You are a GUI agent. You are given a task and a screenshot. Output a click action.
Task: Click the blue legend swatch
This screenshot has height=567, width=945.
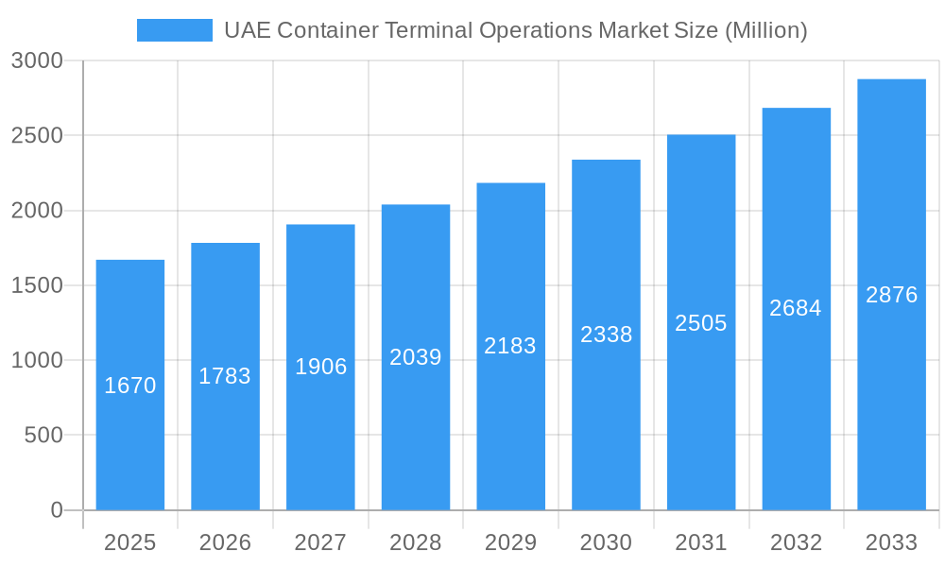pos(174,30)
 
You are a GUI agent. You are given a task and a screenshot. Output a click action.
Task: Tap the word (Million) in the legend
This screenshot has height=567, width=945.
pos(765,30)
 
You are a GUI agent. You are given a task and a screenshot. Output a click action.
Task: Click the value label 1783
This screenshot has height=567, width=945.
pos(225,376)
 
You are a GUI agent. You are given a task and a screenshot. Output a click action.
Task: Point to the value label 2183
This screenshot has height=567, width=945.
pos(510,346)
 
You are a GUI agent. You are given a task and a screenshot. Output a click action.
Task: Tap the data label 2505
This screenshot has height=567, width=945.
pos(700,323)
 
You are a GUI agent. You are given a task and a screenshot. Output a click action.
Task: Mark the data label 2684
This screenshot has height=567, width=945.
pos(796,308)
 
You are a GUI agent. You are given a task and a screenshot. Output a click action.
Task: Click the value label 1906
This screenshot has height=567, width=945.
pos(320,367)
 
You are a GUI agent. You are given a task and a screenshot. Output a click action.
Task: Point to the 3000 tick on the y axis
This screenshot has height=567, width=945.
pos(37,60)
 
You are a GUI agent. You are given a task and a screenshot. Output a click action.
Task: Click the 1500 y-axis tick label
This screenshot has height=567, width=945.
pos(37,285)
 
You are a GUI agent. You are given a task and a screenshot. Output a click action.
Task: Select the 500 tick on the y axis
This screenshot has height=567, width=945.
pos(43,436)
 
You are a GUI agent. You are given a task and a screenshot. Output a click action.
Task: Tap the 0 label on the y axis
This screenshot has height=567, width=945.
pos(56,510)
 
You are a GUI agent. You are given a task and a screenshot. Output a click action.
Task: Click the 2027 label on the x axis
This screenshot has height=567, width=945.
pos(320,542)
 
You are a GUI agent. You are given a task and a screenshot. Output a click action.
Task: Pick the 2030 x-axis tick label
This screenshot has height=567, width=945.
pos(606,542)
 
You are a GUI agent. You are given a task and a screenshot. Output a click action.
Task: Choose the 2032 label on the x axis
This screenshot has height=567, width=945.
pos(796,542)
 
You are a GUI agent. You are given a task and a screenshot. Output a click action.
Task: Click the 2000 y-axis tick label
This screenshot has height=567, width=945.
pos(37,211)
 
